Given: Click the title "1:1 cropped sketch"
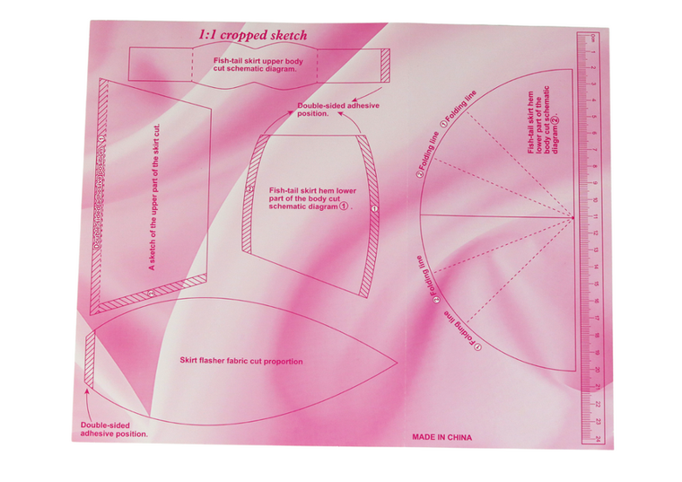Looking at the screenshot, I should pos(252,36).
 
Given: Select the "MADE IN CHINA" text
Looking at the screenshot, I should pos(442,437).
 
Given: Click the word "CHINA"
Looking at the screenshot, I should pos(458,437).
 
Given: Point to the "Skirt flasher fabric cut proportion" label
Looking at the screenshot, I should pos(240,361).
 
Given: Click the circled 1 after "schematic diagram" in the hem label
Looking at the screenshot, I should pos(344,206).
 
